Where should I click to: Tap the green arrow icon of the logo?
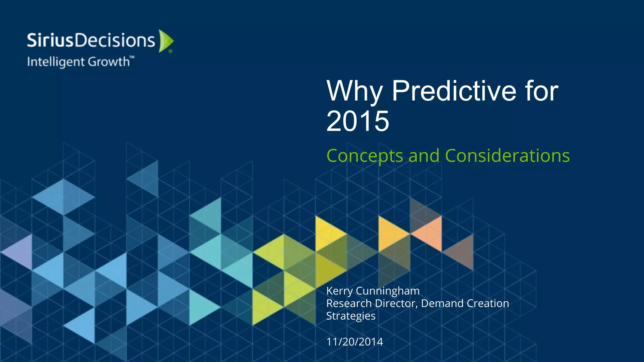(x=165, y=41)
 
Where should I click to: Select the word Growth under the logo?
(x=108, y=62)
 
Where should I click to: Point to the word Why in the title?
(x=354, y=91)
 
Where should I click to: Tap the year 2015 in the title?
(x=358, y=121)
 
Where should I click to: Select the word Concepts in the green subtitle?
(x=365, y=156)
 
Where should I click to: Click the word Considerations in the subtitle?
(x=507, y=156)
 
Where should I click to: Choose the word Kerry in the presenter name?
(x=339, y=291)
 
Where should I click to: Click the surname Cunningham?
(x=387, y=291)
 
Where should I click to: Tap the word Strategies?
(x=351, y=316)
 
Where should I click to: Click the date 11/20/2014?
(x=354, y=342)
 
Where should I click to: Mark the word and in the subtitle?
(x=424, y=156)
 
